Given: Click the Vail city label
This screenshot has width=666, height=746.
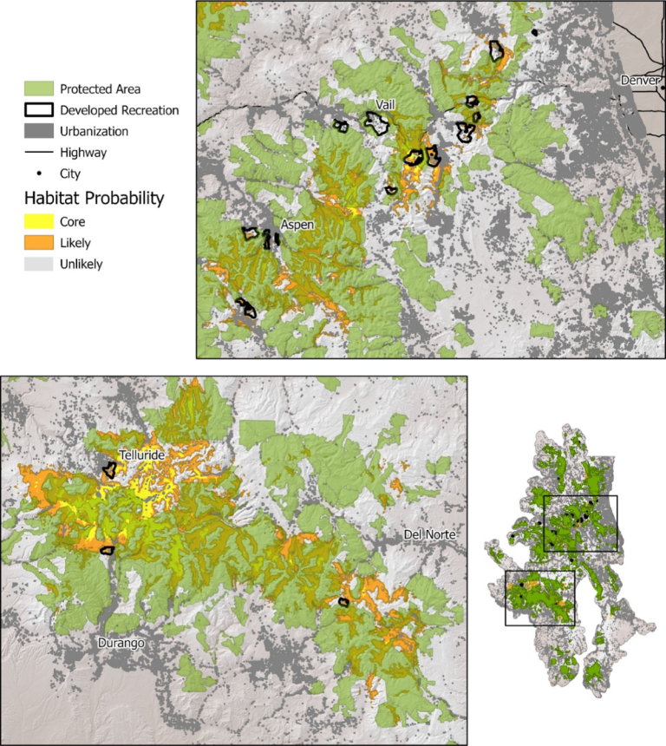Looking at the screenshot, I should (x=386, y=105).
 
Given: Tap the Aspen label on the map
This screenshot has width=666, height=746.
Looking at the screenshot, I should (x=297, y=224).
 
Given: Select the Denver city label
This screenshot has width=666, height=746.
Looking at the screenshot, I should (x=641, y=81).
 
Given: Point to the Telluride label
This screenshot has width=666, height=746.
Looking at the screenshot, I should (x=143, y=454).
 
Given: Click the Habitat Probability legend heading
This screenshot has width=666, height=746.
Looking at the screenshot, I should (x=94, y=199).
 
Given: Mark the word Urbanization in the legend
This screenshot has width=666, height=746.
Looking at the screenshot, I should (x=95, y=131).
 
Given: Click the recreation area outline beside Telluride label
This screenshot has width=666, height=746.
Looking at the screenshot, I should (x=110, y=470).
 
